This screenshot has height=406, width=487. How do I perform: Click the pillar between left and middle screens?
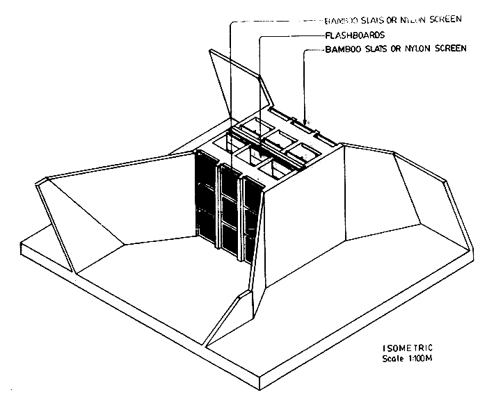[x=217, y=209]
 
